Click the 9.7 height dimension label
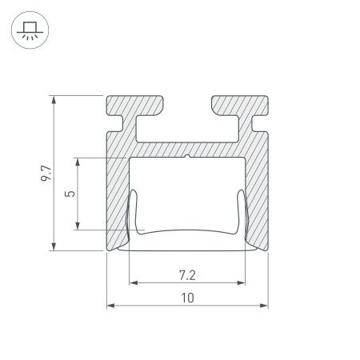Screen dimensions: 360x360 click(x=46, y=172)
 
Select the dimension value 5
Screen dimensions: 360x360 click(x=70, y=194)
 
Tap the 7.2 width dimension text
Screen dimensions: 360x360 click(x=187, y=274)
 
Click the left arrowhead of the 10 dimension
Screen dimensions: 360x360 click(x=110, y=306)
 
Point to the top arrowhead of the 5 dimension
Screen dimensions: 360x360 click(x=78, y=160)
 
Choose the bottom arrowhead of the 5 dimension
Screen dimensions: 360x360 click(x=78, y=226)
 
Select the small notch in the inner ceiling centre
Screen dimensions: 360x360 click(x=187, y=156)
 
